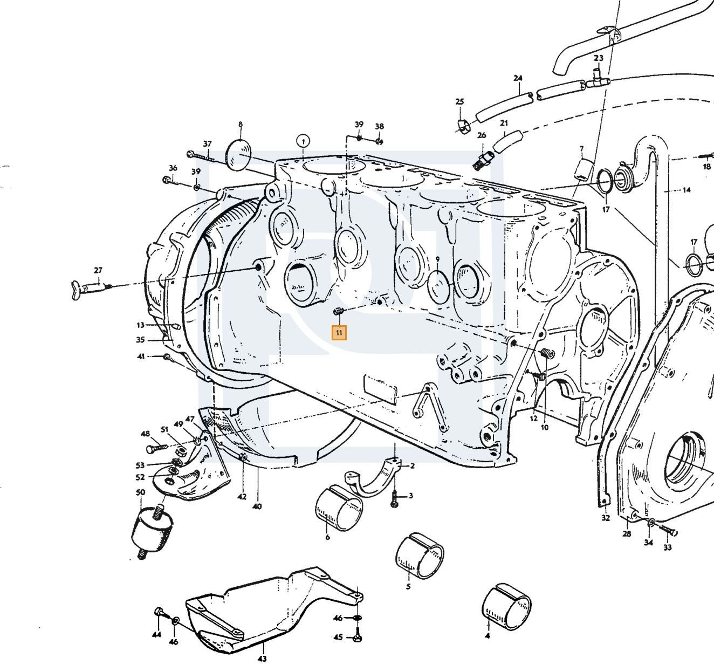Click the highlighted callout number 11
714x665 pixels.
pyautogui.click(x=339, y=332)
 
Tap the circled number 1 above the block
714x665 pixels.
pyautogui.click(x=303, y=141)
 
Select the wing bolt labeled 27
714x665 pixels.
pyautogui.click(x=92, y=289)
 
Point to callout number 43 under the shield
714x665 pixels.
pyautogui.click(x=262, y=659)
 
